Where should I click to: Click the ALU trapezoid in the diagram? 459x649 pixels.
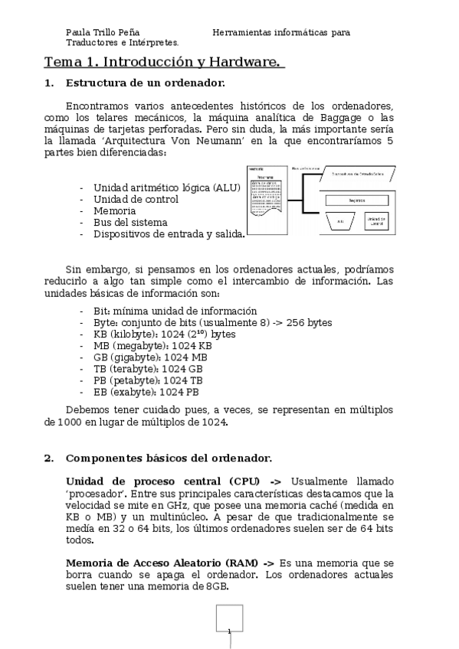[x=340, y=222]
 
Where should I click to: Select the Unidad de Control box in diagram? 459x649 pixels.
[x=376, y=222]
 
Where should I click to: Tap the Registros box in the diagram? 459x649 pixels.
[x=356, y=200]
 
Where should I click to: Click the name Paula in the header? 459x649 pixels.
[x=77, y=33]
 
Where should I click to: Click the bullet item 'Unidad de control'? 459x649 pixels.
[x=136, y=199]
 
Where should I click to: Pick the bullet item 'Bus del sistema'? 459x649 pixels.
[x=130, y=222]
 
